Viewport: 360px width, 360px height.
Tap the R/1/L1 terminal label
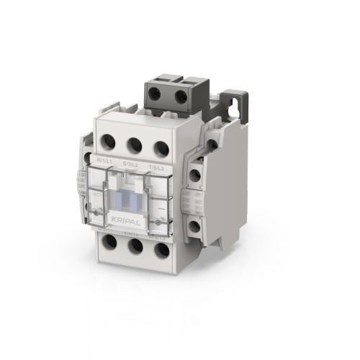pos(104,160)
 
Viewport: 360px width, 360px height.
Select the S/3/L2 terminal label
pos(132,165)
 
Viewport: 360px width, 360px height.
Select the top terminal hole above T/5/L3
pos(161,149)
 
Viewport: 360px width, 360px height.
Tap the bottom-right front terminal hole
pos(161,251)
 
